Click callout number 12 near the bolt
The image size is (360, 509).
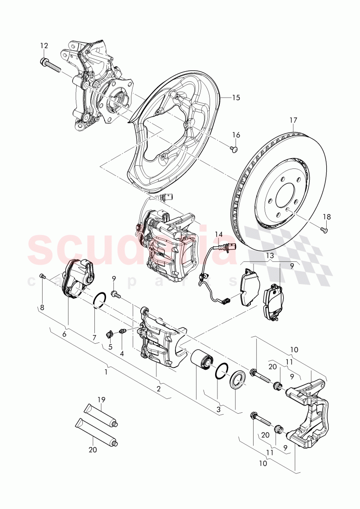44,45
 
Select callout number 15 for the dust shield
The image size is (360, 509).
236,98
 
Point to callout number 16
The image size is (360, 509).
236,135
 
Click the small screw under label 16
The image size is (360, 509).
234,149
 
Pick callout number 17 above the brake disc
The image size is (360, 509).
293,120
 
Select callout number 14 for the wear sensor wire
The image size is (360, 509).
218,234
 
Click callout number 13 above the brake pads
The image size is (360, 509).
269,255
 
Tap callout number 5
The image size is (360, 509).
110,347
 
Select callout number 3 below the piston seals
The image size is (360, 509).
218,410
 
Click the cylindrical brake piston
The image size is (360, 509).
202,361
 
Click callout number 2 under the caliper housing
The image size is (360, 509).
158,389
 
